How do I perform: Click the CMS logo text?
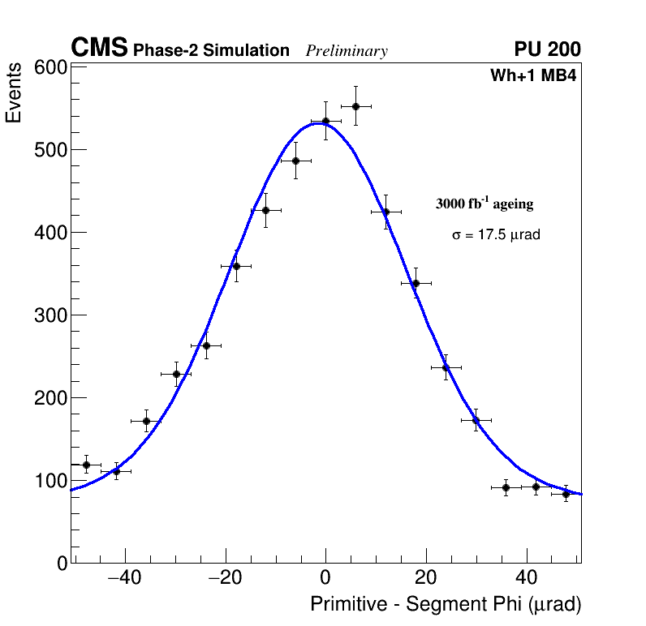(99, 49)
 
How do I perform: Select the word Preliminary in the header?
(347, 51)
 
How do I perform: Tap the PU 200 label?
(547, 49)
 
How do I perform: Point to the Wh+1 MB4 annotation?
(533, 75)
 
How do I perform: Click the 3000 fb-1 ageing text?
(484, 204)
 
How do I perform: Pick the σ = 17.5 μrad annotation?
(496, 235)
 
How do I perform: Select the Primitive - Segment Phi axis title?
(446, 604)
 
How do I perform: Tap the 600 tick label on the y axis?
(50, 67)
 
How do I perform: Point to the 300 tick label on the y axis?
(50, 315)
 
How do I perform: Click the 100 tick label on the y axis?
(50, 481)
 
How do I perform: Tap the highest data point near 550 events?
(355, 106)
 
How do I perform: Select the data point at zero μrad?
(325, 121)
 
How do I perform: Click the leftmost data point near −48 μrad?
(86, 465)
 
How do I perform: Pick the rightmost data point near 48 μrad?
(566, 494)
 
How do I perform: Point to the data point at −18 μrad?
(236, 266)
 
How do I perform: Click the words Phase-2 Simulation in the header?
(211, 51)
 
